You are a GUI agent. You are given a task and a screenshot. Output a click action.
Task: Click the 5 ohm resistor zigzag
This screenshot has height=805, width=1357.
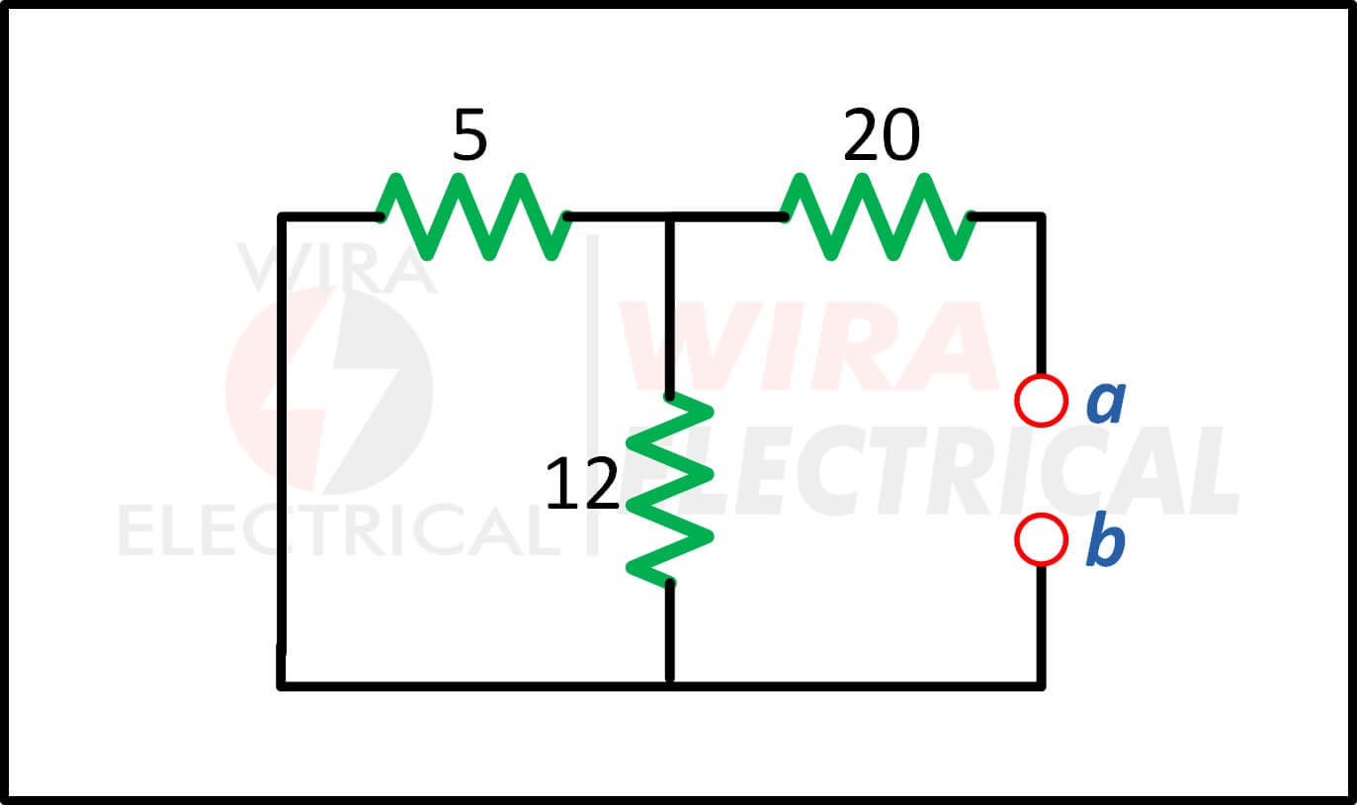coord(473,216)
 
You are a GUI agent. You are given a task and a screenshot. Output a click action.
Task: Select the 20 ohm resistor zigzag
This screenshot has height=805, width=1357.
coord(878,216)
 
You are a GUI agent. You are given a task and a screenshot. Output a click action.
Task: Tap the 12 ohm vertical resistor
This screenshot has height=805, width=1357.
coord(669,489)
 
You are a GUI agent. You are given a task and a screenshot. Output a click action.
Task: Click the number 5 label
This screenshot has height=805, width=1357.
coord(469,134)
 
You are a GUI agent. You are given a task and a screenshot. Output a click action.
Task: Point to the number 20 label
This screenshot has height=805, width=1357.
coord(882,134)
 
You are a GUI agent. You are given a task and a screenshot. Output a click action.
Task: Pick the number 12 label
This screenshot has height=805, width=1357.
coord(582,483)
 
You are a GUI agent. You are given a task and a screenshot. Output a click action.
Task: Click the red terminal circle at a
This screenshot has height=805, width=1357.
coord(1041,401)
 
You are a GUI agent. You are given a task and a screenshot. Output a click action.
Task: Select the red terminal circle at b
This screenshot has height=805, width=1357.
coord(1041,540)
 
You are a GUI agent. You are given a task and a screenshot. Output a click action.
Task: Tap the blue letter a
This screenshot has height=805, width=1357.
coord(1106,403)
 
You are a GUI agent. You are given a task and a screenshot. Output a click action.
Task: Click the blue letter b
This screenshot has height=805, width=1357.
coord(1106,538)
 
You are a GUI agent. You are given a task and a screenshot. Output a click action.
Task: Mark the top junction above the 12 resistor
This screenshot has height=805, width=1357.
coord(669,216)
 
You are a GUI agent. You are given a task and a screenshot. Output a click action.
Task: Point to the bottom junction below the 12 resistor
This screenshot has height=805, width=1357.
coord(669,685)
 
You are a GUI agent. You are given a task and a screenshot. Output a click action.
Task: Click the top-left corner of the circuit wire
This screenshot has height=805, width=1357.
coord(281,216)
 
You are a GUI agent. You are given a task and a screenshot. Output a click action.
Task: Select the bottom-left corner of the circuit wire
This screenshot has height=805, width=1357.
coord(281,685)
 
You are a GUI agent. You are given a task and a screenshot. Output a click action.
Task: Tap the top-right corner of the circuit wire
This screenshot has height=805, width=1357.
coord(1041,216)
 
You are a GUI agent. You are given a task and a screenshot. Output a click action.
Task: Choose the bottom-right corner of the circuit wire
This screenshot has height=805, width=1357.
coord(1041,685)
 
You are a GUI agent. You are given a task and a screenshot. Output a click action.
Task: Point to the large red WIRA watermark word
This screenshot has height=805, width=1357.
coord(808,345)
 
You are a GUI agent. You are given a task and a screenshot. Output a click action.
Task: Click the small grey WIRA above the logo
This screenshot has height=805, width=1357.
coord(337,268)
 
